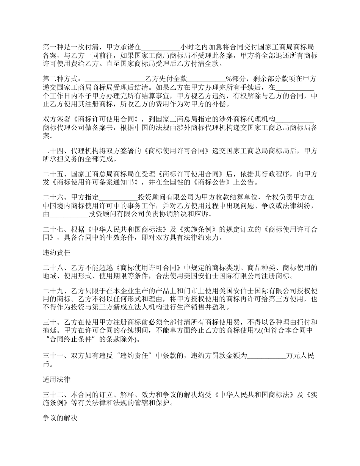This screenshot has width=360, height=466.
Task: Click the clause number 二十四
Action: pos(53,150)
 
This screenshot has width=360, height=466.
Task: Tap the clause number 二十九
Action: pos(53,291)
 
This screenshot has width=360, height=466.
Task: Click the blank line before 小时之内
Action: pos(161,48)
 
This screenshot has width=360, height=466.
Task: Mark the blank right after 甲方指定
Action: pos(118,197)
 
